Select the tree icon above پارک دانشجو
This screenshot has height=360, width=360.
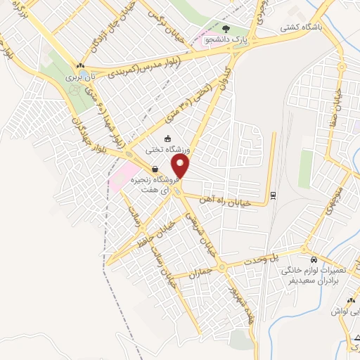click(225, 29)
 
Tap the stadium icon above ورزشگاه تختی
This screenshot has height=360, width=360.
click(167, 139)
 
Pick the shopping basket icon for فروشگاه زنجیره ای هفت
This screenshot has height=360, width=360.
click(154, 168)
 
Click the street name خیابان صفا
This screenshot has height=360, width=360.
click(339, 101)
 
